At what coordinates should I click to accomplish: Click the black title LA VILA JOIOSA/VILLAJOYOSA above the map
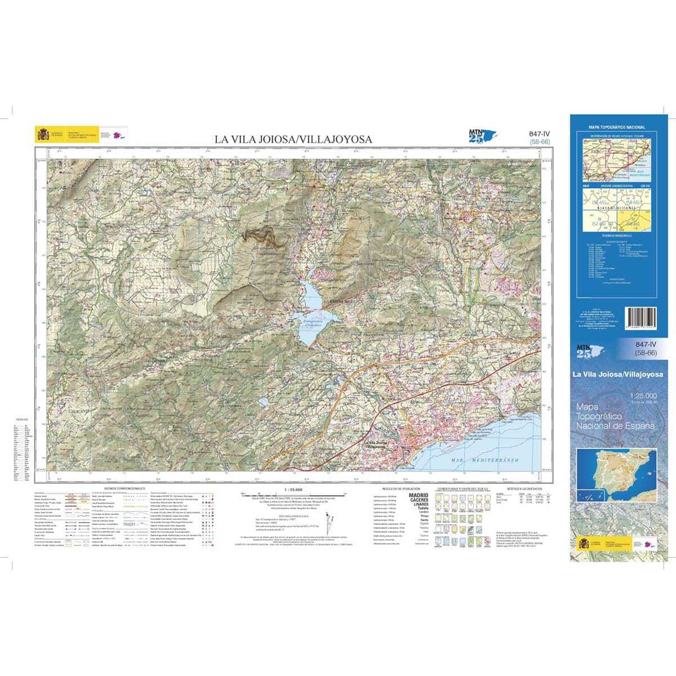pyautogui.click(x=293, y=139)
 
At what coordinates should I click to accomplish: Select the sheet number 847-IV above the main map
pyautogui.click(x=539, y=134)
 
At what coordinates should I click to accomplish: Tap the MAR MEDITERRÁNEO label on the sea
pyautogui.click(x=484, y=460)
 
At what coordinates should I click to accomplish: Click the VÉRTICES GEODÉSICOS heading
pyautogui.click(x=524, y=488)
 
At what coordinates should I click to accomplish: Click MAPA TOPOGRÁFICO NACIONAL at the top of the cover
pyautogui.click(x=617, y=128)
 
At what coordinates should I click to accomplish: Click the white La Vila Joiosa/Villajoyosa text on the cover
pyautogui.click(x=617, y=374)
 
